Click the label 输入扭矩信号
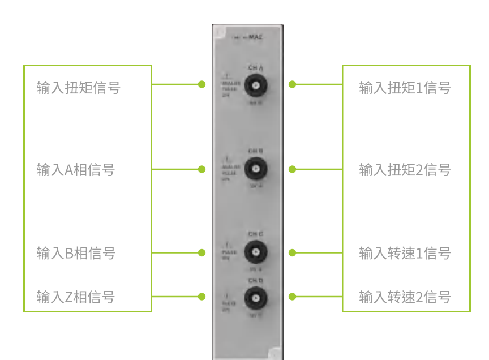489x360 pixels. tap(78, 88)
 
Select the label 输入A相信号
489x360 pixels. tap(76, 170)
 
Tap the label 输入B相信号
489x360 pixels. tap(76, 253)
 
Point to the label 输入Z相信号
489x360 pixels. tap(76, 297)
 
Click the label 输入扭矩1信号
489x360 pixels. tap(405, 88)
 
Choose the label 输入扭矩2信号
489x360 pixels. tap(405, 170)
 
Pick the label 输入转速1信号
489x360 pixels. tap(405, 253)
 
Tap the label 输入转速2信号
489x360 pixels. tap(405, 297)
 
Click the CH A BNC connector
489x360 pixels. tap(256, 85)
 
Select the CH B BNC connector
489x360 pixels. tap(256, 169)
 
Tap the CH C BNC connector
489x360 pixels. tap(256, 252)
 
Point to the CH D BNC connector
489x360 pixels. tap(256, 297)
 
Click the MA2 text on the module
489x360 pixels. tap(257, 38)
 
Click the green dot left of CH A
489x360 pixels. tap(201, 84)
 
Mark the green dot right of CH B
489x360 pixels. tap(293, 169)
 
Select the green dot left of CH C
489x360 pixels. tap(201, 252)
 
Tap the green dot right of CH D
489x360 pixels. tap(293, 297)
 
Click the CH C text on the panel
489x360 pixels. tap(256, 234)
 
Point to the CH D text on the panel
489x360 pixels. tap(256, 281)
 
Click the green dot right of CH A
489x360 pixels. tap(293, 84)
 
